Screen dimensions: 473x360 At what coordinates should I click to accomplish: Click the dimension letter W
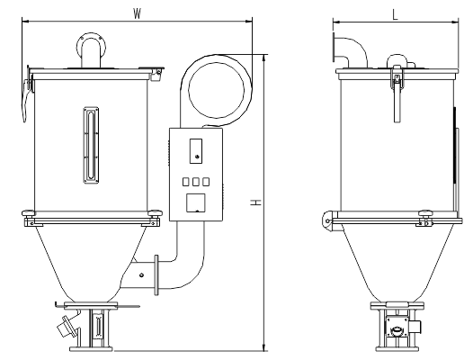coord(138,13)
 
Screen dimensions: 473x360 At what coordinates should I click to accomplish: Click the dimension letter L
coord(395,14)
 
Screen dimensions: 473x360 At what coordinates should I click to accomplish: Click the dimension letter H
coord(255,202)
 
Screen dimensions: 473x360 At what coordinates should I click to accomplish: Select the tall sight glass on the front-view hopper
coord(91,145)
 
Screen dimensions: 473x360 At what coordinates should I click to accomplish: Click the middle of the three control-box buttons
coord(196,182)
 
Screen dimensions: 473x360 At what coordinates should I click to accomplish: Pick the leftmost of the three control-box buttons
coord(186,182)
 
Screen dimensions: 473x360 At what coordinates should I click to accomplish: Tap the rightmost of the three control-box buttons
coord(206,182)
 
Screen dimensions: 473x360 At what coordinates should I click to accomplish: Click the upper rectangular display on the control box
coord(196,151)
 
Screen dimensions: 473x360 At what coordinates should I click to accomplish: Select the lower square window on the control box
coord(196,203)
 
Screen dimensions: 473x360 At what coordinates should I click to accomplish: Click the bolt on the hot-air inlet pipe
coord(141,274)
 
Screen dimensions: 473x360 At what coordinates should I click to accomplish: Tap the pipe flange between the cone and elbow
coord(156,274)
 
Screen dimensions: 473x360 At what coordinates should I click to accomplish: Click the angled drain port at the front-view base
coord(67,326)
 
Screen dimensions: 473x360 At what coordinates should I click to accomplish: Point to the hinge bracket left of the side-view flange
coord(327,221)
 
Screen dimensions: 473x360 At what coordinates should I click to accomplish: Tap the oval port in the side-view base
coord(396,330)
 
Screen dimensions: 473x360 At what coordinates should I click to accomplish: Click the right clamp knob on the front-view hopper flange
coord(155,214)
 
